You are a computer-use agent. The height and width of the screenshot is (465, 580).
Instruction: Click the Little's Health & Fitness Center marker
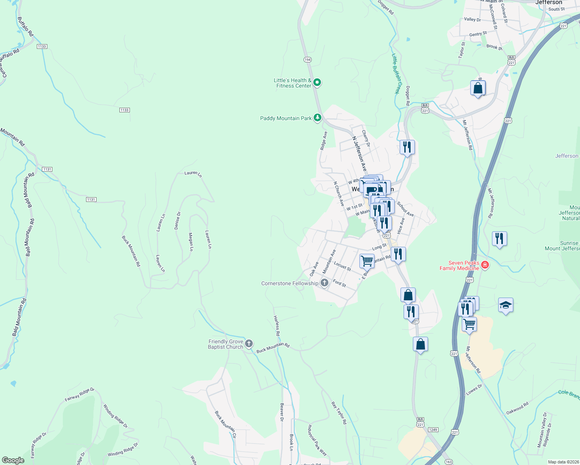(x=317, y=82)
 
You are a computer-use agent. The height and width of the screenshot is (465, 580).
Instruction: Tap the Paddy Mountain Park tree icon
(x=318, y=117)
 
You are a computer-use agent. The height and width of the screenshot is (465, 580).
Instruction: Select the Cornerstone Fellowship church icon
(x=325, y=283)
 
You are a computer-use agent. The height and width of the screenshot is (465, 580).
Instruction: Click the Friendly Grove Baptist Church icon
(x=249, y=343)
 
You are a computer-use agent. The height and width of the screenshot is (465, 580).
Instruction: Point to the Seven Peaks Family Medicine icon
(x=485, y=265)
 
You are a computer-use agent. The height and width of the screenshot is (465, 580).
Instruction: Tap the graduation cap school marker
(x=506, y=305)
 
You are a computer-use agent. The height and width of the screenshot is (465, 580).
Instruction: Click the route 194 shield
(x=307, y=60)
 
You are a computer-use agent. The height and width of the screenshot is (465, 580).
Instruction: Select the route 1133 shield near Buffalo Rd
(x=42, y=46)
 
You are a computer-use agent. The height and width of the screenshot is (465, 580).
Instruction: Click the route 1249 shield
(x=433, y=430)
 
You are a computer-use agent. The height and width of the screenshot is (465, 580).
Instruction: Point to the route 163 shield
(x=449, y=462)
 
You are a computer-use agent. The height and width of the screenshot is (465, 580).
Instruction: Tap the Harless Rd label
(x=277, y=325)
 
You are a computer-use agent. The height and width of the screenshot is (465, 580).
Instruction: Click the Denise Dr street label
(x=178, y=220)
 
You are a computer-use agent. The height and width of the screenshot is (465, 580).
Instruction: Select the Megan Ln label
(x=191, y=242)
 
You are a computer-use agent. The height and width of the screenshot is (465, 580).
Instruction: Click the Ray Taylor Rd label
(x=339, y=413)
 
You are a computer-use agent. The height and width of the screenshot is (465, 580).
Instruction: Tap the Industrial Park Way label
(x=317, y=440)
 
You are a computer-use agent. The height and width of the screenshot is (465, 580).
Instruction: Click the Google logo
(x=13, y=460)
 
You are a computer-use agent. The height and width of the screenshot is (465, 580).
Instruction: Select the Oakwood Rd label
(x=517, y=408)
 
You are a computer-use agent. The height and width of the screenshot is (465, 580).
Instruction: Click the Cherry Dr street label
(x=366, y=138)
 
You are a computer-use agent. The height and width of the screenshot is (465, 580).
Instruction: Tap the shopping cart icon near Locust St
(x=367, y=260)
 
